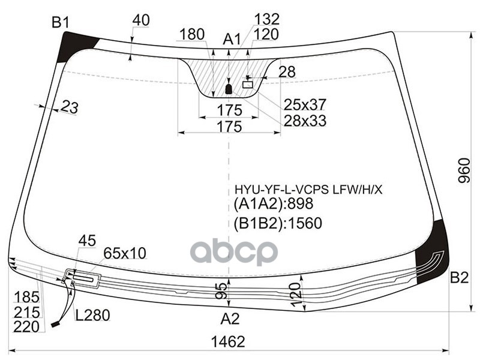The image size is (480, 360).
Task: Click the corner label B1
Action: (x=61, y=23)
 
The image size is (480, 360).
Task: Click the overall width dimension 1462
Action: (x=228, y=342)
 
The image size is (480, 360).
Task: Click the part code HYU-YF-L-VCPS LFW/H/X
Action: (x=308, y=190)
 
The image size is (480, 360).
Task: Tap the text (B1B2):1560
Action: (x=278, y=223)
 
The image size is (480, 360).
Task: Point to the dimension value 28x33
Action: (x=305, y=121)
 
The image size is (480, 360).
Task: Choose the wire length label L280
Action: (x=92, y=314)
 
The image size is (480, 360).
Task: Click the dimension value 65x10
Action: (x=125, y=253)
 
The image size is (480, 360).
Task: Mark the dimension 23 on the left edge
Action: (x=70, y=108)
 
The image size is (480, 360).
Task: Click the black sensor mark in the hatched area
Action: (x=228, y=90)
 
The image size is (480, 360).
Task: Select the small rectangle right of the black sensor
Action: (x=248, y=85)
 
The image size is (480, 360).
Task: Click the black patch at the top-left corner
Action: (x=75, y=46)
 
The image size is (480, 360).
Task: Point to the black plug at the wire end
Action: (x=56, y=324)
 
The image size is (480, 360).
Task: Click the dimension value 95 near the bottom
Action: (x=222, y=290)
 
